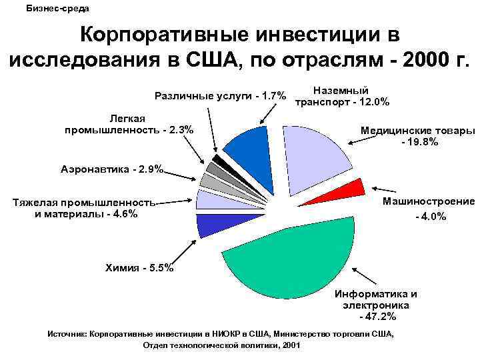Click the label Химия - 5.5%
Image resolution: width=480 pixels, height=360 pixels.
pyautogui.click(x=139, y=268)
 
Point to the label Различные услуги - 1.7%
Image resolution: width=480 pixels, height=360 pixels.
pyautogui.click(x=221, y=95)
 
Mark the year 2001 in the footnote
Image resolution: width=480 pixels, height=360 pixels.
pyautogui.click(x=291, y=346)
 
